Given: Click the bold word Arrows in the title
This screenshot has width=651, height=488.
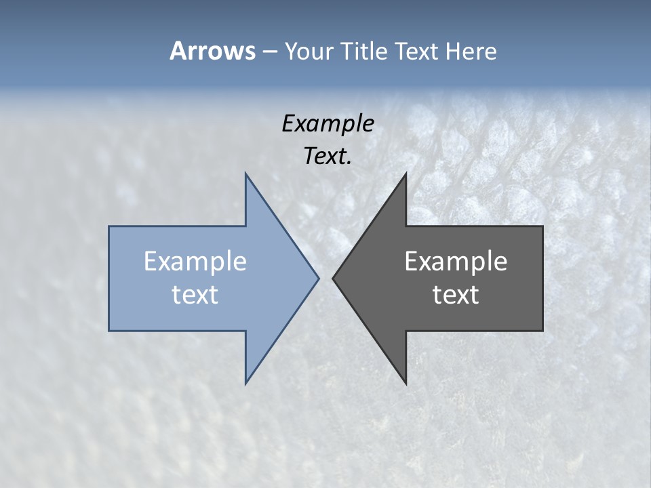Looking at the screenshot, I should point(212,51).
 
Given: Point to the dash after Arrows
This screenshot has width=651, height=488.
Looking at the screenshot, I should point(269,52).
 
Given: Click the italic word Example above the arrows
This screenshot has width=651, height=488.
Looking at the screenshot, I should point(328,123).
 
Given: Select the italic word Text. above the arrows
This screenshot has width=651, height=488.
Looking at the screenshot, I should point(328,156).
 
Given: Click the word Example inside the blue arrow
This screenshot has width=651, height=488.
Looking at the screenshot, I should point(195,262).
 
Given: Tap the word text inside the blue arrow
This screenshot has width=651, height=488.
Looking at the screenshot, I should point(195,294).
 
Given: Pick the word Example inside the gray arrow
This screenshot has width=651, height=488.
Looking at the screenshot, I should point(456,262).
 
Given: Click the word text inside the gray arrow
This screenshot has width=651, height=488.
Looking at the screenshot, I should point(456,294).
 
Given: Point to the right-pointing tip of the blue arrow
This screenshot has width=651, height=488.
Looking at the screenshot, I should point(318,278).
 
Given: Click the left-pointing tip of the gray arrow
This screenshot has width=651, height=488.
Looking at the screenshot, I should point(333,278).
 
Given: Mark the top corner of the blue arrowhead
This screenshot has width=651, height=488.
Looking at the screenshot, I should point(245,174).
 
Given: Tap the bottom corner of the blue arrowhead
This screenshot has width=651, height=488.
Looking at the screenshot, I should point(245,384).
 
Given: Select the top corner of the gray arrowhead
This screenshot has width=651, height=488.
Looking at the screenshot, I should point(406,174).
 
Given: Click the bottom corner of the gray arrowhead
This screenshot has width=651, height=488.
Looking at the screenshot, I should point(406,384).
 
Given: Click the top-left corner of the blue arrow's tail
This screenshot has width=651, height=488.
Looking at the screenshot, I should point(109,226).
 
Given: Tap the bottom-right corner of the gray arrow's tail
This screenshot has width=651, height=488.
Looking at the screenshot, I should point(542,330).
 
